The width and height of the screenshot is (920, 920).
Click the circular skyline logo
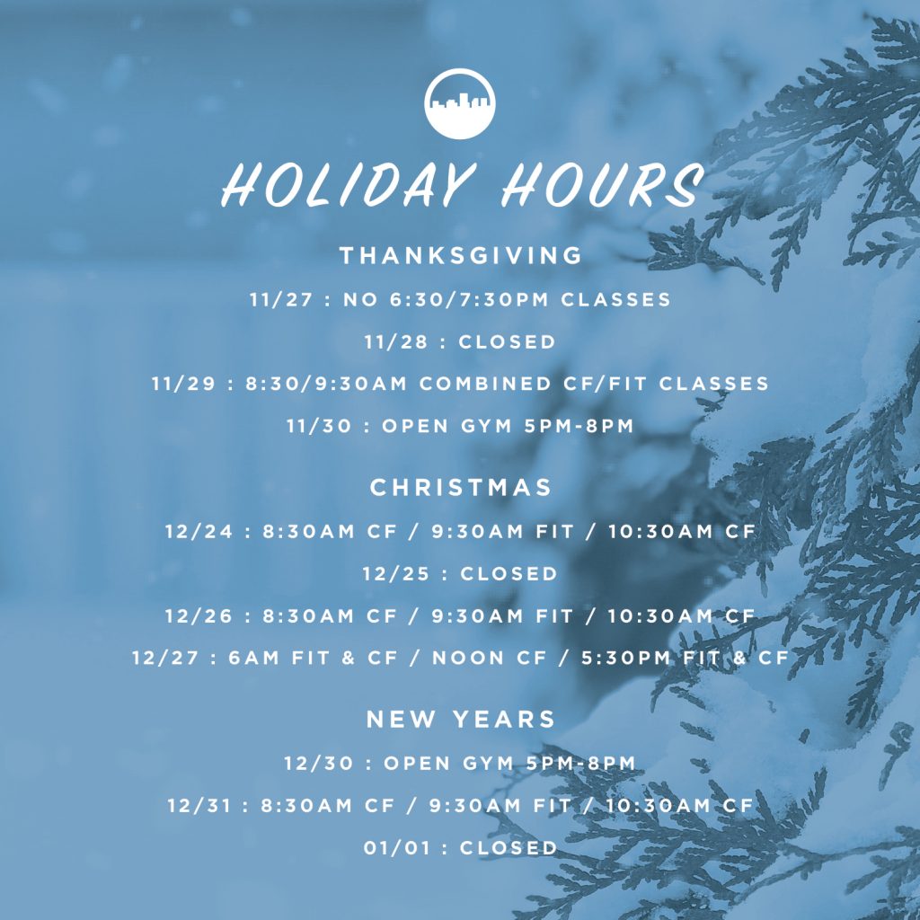click(459, 103)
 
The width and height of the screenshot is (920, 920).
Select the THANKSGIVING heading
click(461, 255)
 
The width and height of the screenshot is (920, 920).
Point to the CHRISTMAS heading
click(461, 487)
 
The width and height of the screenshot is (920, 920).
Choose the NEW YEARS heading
click(461, 719)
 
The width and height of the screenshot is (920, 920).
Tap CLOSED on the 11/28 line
click(507, 341)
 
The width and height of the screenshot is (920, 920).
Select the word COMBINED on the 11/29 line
click(485, 383)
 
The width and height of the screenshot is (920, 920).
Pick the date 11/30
click(319, 425)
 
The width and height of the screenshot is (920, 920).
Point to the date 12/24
click(199, 531)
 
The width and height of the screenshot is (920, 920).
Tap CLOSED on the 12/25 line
click(509, 573)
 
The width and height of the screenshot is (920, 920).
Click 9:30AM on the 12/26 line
click(477, 615)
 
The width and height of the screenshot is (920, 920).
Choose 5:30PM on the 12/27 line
click(625, 658)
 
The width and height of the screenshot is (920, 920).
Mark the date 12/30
click(319, 763)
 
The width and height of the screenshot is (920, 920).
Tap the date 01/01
click(396, 847)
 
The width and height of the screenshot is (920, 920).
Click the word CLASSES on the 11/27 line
click(615, 299)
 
